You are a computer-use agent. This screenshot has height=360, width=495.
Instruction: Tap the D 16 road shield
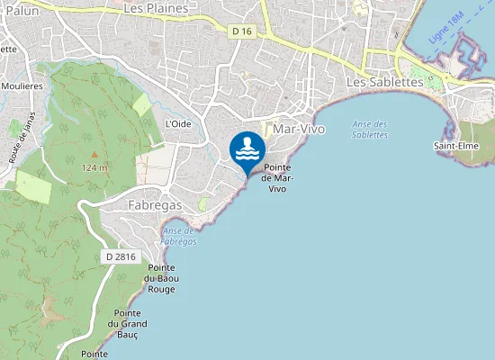[240, 31]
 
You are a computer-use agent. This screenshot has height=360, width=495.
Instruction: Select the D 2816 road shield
[120, 256]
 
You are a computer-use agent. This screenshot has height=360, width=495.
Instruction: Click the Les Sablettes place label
[384, 82]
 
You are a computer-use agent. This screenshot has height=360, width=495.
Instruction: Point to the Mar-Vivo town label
[299, 130]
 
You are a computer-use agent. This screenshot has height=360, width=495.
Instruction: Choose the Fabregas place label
[155, 205]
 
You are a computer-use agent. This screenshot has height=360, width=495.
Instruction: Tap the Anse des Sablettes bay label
[370, 129]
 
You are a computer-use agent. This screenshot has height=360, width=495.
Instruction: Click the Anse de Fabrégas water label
[178, 236]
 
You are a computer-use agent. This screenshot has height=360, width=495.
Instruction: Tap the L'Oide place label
[178, 124]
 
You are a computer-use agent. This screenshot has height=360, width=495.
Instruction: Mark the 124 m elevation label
[94, 168]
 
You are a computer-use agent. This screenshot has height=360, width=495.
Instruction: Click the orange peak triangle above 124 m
[94, 156]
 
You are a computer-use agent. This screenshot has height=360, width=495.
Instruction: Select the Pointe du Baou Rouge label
[161, 278]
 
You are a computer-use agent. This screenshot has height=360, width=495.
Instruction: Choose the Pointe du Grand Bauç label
[127, 324]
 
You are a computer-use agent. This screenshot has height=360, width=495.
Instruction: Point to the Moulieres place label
[20, 85]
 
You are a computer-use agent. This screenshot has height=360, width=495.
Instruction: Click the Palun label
[19, 9]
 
